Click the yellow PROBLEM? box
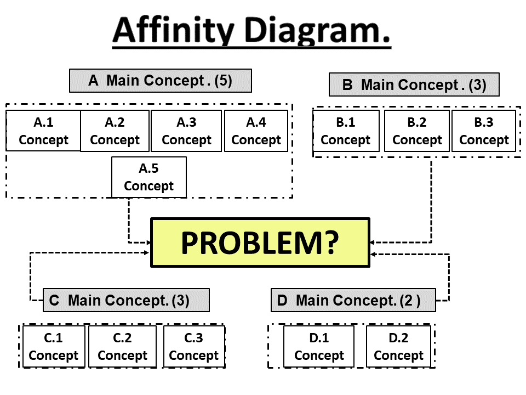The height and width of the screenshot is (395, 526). point(260,242)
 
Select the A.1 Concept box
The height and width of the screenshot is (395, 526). point(43,131)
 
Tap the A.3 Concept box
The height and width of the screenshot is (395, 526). point(186,131)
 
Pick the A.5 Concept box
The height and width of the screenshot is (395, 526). point(148,177)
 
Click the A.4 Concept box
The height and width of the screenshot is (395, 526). point(256,131)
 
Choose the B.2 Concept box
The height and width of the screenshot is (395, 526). point(417,131)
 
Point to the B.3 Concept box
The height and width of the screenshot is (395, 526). point(484,131)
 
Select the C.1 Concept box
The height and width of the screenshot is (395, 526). point(53,347)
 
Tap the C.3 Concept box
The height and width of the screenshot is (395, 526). point(194,347)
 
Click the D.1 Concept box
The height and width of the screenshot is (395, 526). point(319,347)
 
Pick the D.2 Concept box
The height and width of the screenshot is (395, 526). point(398,347)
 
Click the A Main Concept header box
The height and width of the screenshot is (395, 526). point(160,81)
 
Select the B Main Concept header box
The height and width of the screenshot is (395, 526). point(414,85)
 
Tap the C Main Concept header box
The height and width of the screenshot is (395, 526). point(126,301)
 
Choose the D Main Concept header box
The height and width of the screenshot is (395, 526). point(353,301)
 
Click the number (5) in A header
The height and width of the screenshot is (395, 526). point(223,81)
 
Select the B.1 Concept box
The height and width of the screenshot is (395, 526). point(345,131)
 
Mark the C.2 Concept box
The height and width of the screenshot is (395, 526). point(122,347)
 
